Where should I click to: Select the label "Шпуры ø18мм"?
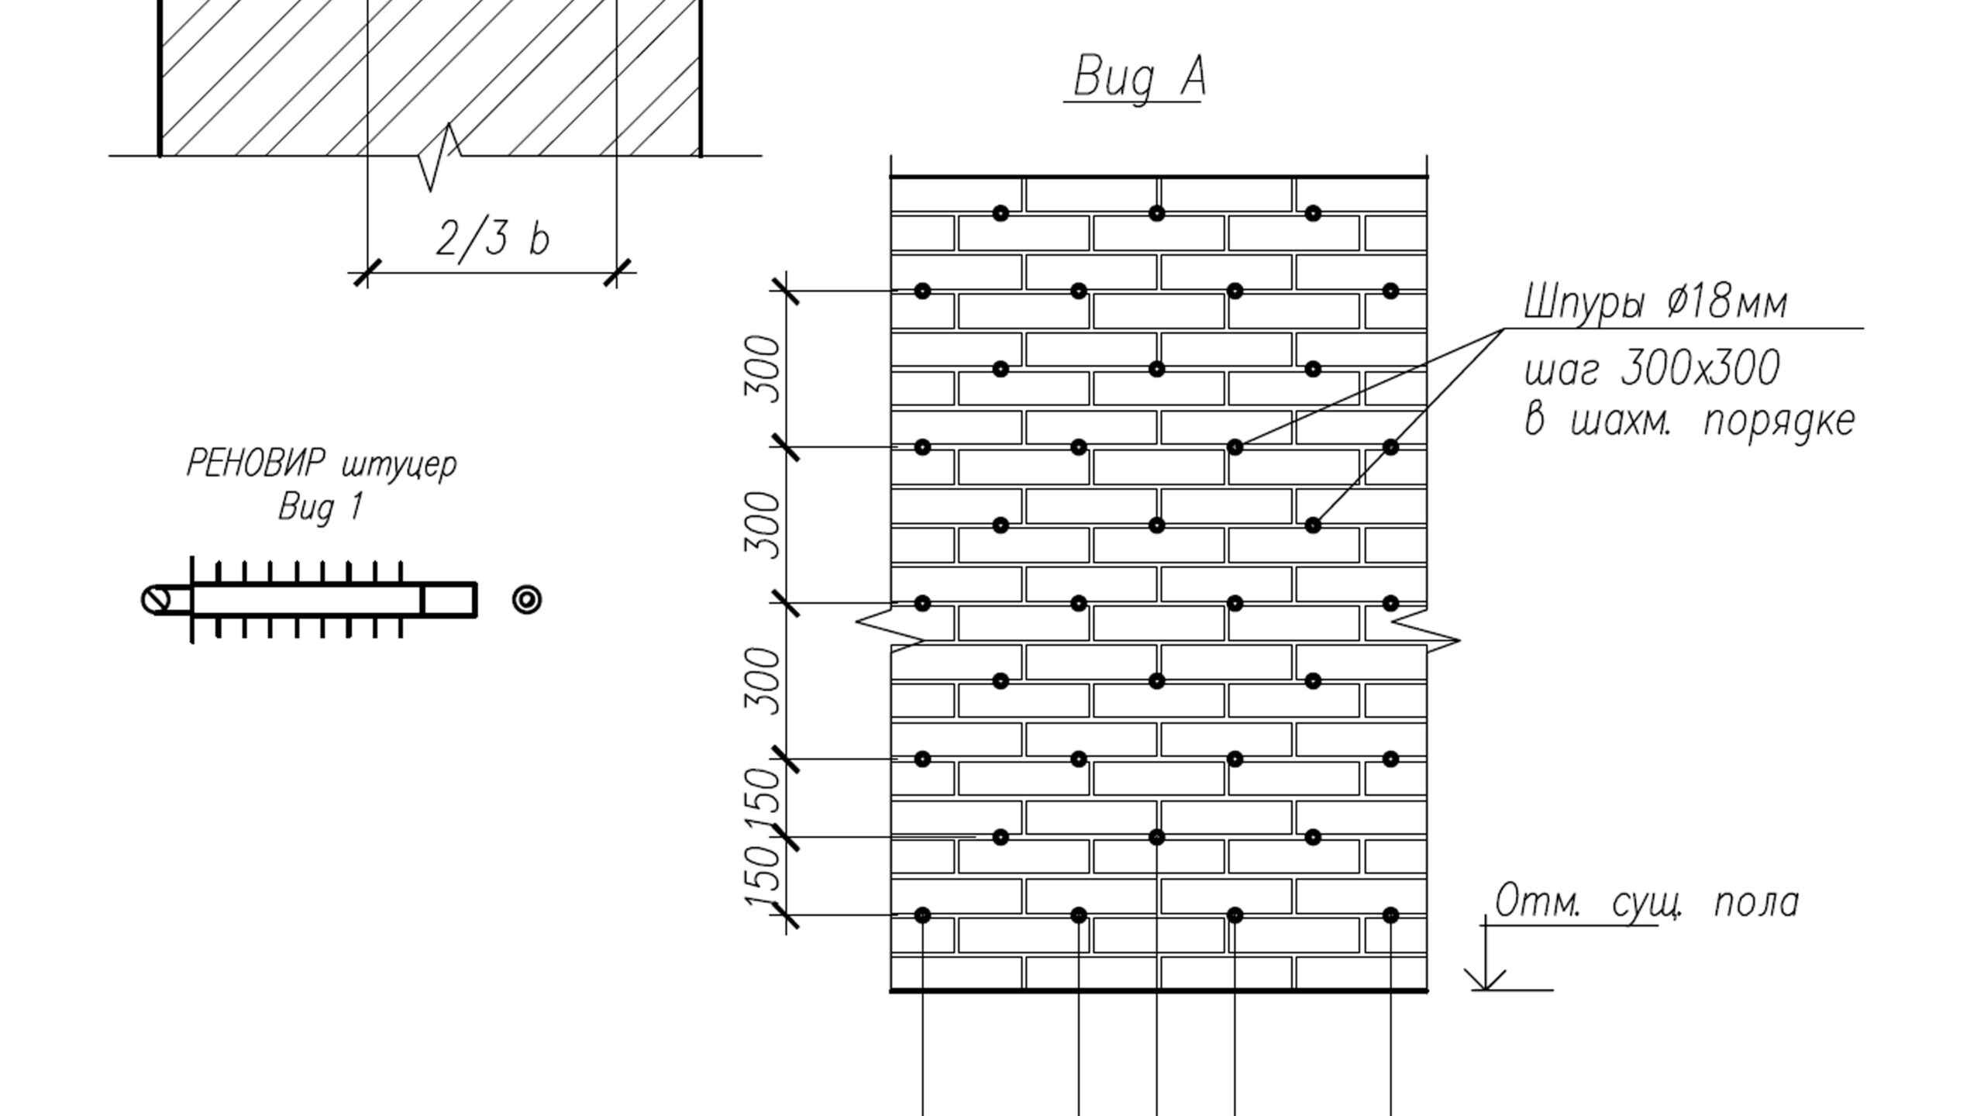[1655, 301]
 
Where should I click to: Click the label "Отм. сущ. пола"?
[1646, 902]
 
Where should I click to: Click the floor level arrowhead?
[1485, 979]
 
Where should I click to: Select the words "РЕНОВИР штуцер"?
[322, 465]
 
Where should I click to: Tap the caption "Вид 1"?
[320, 508]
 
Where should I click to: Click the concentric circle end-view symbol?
[527, 600]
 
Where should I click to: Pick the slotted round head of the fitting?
[157, 600]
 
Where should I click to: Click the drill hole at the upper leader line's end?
[1235, 447]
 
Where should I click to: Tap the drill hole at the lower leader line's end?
[1313, 525]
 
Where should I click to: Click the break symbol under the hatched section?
[439, 157]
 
